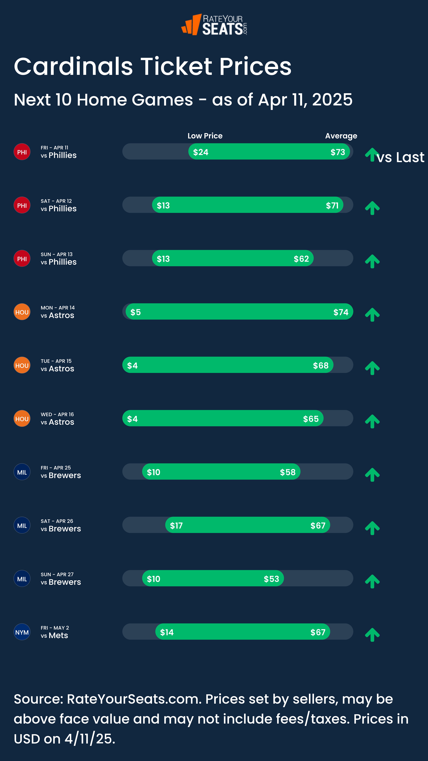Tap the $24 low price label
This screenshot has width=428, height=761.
201,152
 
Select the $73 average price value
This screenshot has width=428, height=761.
338,152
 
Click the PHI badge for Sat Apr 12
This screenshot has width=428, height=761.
22,205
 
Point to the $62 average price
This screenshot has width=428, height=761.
301,259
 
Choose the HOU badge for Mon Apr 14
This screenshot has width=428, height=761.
22,312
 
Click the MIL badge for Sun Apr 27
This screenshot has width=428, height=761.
22,579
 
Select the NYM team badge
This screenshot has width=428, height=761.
22,632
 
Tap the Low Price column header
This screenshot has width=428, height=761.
205,136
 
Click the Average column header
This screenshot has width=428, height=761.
341,136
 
